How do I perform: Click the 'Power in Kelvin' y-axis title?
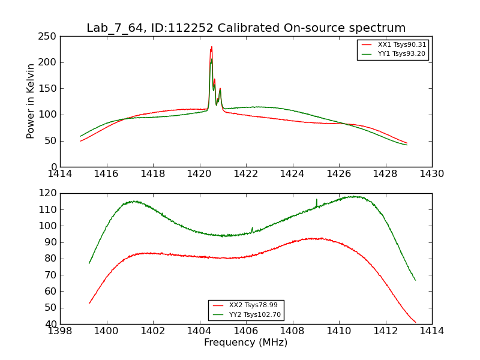click(x=31, y=101)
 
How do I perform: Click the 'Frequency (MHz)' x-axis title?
click(x=246, y=343)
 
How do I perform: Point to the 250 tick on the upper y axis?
click(x=49, y=37)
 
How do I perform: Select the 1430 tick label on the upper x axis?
click(x=432, y=174)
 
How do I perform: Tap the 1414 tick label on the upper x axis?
click(x=60, y=174)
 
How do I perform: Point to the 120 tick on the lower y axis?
click(x=49, y=193)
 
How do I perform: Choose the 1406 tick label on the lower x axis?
click(x=246, y=331)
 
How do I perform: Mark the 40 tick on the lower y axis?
click(x=52, y=324)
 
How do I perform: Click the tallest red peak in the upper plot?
click(x=211, y=47)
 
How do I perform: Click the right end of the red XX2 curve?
click(x=415, y=322)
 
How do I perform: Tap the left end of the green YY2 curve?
click(x=89, y=263)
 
